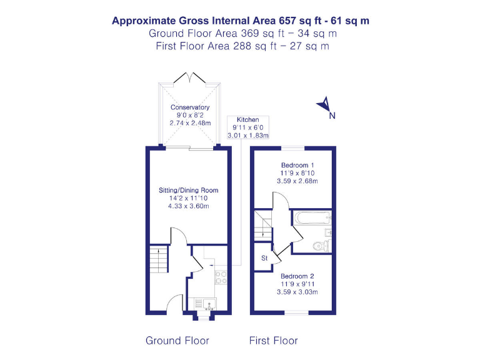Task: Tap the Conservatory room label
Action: tap(190, 107)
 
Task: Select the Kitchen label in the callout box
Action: tap(247, 120)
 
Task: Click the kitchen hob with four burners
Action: tap(221, 277)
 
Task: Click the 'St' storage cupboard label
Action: tap(264, 257)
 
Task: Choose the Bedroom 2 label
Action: tap(297, 276)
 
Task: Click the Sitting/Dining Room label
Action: tap(188, 190)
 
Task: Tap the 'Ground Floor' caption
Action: tap(177, 341)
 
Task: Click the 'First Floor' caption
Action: tap(273, 341)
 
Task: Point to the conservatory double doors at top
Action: tap(190, 77)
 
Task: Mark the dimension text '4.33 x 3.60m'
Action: tap(188, 206)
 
